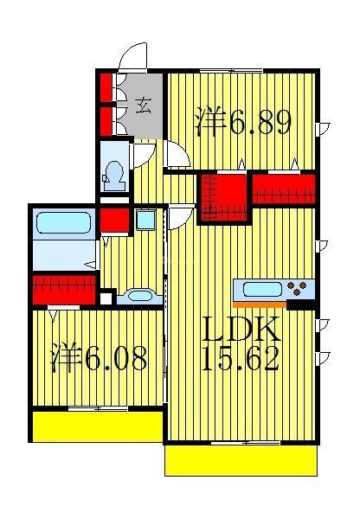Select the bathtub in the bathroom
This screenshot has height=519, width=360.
point(62,225)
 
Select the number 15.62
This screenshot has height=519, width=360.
point(240,359)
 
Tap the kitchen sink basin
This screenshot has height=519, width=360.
point(260,289)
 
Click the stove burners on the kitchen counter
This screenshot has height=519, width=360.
point(299,288)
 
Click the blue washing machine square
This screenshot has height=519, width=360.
point(145,220)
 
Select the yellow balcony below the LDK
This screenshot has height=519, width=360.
point(240,459)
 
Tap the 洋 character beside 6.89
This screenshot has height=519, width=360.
point(209,122)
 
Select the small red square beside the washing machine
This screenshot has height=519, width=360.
point(114,220)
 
